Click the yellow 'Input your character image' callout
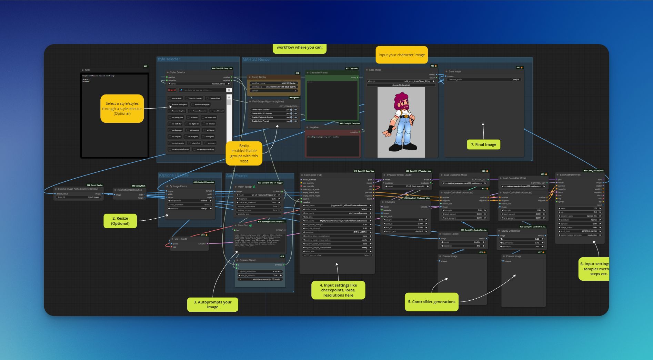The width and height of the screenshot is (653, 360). (401, 55)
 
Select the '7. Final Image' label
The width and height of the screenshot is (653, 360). (483, 144)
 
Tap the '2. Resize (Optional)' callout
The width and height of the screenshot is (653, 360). (120, 221)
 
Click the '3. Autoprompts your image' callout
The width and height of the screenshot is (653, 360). (212, 304)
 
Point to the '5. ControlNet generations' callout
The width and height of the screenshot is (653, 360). (431, 302)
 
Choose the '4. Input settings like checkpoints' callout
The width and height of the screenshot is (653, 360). (338, 290)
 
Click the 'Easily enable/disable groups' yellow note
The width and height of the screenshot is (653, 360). (244, 153)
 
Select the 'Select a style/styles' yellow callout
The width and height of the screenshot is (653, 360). (122, 108)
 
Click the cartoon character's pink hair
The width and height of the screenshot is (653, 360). (401, 99)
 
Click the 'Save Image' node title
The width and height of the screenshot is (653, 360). (455, 72)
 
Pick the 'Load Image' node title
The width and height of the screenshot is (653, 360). (375, 70)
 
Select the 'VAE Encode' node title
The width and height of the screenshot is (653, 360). (181, 239)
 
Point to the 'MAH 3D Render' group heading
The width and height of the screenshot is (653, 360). (257, 60)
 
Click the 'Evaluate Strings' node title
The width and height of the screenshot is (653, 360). (248, 260)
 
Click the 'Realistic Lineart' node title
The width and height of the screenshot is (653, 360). (450, 234)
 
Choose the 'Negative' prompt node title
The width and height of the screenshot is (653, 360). (314, 127)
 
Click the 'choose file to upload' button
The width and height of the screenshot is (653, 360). (401, 85)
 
